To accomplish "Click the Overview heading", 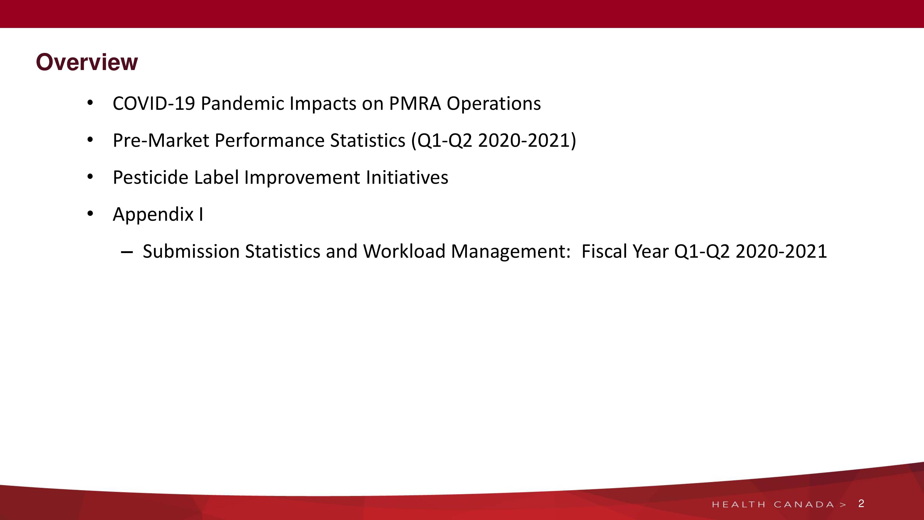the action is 87,62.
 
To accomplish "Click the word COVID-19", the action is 154,104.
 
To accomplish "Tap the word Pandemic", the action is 243,104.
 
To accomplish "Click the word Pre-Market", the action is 161,140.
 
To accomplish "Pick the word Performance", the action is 269,140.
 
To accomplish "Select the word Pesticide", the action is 151,177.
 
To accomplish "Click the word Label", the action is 216,177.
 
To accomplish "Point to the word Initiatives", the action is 407,177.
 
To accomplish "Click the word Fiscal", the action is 604,251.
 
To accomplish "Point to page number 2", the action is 861,504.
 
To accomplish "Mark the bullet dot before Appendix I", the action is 90,214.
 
